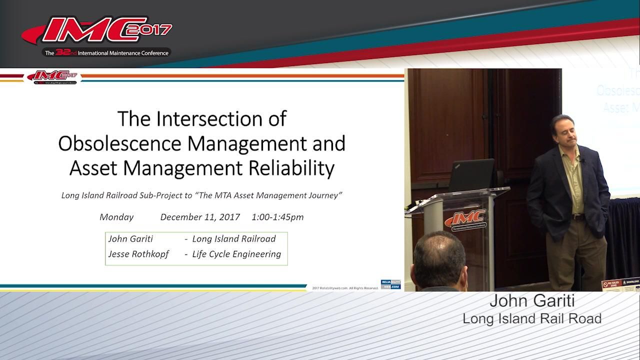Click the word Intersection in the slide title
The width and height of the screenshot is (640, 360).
pyautogui.click(x=221, y=119)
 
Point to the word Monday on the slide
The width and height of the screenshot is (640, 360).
pyautogui.click(x=116, y=217)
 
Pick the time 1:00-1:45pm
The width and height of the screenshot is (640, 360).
pyautogui.click(x=277, y=217)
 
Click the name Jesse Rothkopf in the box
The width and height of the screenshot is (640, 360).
pyautogui.click(x=138, y=254)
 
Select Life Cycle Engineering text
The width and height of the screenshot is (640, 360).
pyautogui.click(x=236, y=254)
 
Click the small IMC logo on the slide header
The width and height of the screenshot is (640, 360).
pyautogui.click(x=52, y=76)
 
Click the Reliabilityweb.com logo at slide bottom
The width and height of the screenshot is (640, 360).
pyautogui.click(x=390, y=284)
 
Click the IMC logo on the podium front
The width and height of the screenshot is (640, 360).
pyautogui.click(x=465, y=219)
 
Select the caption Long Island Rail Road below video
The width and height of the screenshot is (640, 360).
pyautogui.click(x=531, y=318)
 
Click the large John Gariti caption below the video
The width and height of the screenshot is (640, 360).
pyautogui.click(x=531, y=301)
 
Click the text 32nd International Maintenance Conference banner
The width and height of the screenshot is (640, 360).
pyautogui.click(x=106, y=52)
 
